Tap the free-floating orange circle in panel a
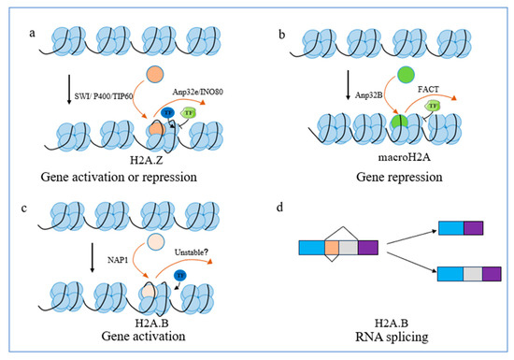154,79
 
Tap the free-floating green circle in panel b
382,74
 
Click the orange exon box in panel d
333,247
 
